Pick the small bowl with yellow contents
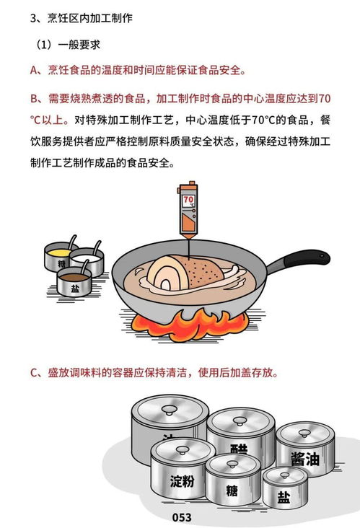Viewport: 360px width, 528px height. point(59,255)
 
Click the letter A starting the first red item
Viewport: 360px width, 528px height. point(33,70)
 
